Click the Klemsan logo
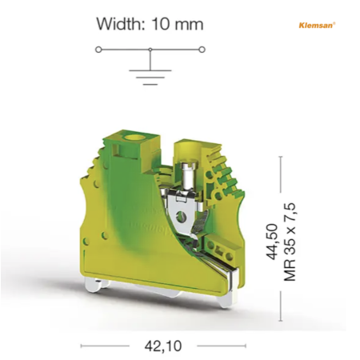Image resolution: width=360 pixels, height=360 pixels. pyautogui.click(x=317, y=25)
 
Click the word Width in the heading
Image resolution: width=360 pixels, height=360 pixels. pyautogui.click(x=120, y=24)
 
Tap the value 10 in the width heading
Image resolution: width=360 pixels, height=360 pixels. pyautogui.click(x=160, y=24)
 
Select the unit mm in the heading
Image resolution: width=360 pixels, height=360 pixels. pyautogui.click(x=189, y=26)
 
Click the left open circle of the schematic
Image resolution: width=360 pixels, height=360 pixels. pyautogui.click(x=98, y=50)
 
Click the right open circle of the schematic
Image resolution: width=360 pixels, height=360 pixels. pyautogui.click(x=202, y=50)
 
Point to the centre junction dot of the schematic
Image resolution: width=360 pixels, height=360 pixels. pyautogui.click(x=150, y=50)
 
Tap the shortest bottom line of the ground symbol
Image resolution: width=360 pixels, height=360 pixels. pyautogui.click(x=150, y=84)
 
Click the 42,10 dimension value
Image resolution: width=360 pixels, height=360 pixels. pyautogui.click(x=163, y=346)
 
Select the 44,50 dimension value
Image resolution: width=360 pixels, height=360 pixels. pyautogui.click(x=272, y=242)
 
